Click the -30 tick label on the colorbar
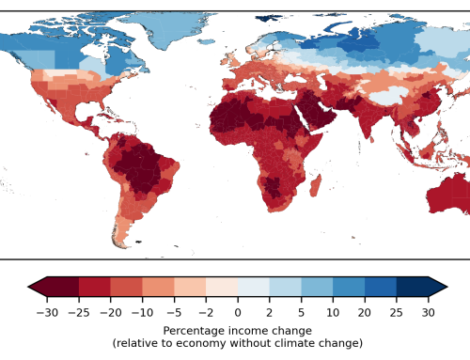point(44,311)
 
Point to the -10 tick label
point(140,311)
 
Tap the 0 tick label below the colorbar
point(238,311)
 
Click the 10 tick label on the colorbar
point(333,311)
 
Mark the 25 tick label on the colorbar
point(396,311)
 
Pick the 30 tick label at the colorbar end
point(428,311)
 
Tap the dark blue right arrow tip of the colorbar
point(440,287)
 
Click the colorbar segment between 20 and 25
point(380,287)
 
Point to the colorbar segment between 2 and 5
point(285,287)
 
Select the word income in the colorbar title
point(247,331)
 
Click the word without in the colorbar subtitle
point(257,343)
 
